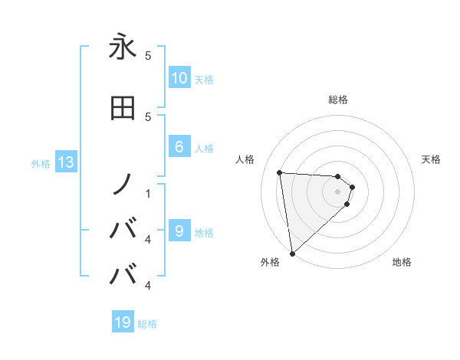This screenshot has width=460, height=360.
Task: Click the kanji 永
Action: pos(123,47)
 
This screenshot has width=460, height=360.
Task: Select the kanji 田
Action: pos(123,109)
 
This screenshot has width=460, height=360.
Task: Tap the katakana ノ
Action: pos(123,184)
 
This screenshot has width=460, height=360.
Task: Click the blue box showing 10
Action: pos(179,78)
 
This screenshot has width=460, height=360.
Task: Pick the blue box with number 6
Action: pos(179,147)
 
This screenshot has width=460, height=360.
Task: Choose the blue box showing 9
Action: pos(179,231)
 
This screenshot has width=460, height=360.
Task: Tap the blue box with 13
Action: pos(65,162)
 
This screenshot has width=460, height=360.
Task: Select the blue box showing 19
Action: pos(123,322)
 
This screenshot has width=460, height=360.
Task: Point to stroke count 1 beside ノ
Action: pos(148,193)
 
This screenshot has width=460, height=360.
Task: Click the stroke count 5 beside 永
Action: pos(148,55)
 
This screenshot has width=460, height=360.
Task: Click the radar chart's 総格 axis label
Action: pos(338,100)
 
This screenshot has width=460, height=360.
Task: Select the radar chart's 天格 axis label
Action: pos(432,159)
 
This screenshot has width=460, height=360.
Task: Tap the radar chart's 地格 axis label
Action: pos(402,262)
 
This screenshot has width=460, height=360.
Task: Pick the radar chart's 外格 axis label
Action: pos(270,262)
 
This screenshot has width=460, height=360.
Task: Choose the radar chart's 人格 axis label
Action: pos(245,159)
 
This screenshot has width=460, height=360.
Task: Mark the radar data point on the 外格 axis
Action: pos(292,253)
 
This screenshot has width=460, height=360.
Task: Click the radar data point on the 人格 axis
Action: pos(280,172)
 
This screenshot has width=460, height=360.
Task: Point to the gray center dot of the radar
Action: pos(338,192)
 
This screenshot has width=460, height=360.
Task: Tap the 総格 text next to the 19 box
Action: pos(148,324)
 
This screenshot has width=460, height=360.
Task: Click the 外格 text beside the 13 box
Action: pos(40,163)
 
